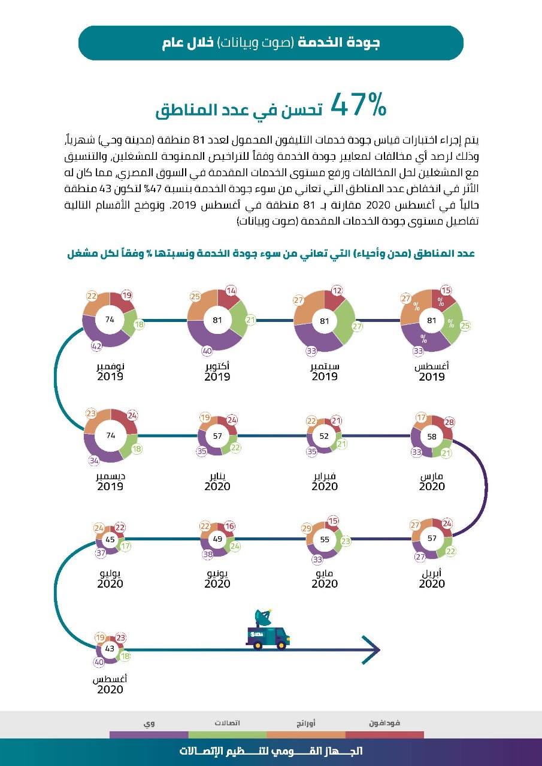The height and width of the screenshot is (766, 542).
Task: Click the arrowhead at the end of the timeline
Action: tap(372, 649)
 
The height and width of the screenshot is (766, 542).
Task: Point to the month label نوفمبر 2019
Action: tap(110, 371)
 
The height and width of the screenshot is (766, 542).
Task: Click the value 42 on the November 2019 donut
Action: tap(96, 346)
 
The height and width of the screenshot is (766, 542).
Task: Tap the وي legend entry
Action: tap(149, 723)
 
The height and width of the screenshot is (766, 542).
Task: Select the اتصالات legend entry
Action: tap(228, 723)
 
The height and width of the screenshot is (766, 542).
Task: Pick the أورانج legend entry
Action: tap(306, 723)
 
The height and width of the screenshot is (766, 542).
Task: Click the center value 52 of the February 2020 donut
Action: tap(324, 436)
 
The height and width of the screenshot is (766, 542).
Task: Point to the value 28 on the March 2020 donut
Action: tap(449, 422)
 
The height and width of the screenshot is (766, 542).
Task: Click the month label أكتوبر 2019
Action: tap(217, 371)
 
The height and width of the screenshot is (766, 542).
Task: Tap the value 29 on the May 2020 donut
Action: tap(307, 528)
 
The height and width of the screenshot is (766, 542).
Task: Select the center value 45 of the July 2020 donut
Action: tap(110, 540)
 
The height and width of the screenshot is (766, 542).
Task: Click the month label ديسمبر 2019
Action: tap(110, 481)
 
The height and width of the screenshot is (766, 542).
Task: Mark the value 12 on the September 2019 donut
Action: tap(338, 291)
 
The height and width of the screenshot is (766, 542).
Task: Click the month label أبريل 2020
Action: tap(432, 578)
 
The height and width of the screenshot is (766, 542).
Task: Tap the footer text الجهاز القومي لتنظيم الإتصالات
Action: tap(271, 751)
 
